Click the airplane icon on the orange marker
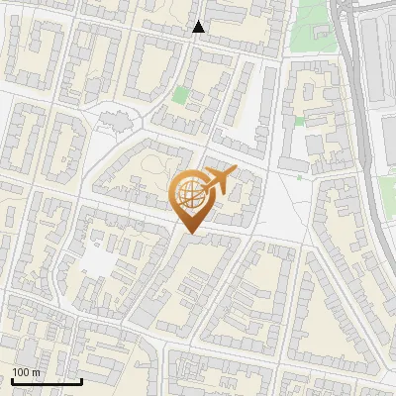[220, 180]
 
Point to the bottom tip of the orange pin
[189, 233]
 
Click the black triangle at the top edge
[199, 27]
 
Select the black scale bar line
[47, 381]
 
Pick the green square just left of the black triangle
[180, 96]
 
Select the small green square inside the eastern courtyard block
[300, 121]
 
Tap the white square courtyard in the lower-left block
[98, 259]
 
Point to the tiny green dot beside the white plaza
[298, 177]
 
